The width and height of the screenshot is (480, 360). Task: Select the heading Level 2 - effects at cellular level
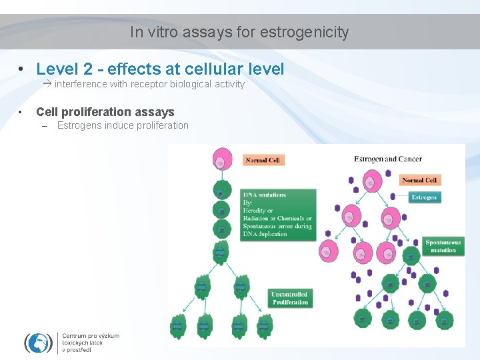(x=160, y=69)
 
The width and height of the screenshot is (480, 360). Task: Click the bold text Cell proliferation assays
(x=105, y=112)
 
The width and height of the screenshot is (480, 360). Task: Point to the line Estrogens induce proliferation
(x=123, y=125)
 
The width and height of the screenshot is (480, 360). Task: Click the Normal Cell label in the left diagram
(x=263, y=160)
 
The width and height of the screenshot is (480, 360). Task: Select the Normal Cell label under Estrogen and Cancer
(x=419, y=180)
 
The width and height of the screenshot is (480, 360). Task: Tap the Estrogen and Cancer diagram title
(x=387, y=159)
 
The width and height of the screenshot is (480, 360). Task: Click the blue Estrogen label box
(x=424, y=197)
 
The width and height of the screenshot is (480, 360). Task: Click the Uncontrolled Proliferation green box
(x=290, y=298)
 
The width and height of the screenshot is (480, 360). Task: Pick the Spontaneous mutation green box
(x=443, y=246)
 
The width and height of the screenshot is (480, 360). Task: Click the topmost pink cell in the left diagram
(x=221, y=161)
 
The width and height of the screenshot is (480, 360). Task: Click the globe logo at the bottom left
(x=38, y=343)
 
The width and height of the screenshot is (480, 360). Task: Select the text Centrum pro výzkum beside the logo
(x=91, y=336)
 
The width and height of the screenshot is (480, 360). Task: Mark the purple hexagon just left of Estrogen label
(x=393, y=197)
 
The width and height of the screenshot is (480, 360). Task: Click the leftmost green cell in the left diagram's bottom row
(x=177, y=326)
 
